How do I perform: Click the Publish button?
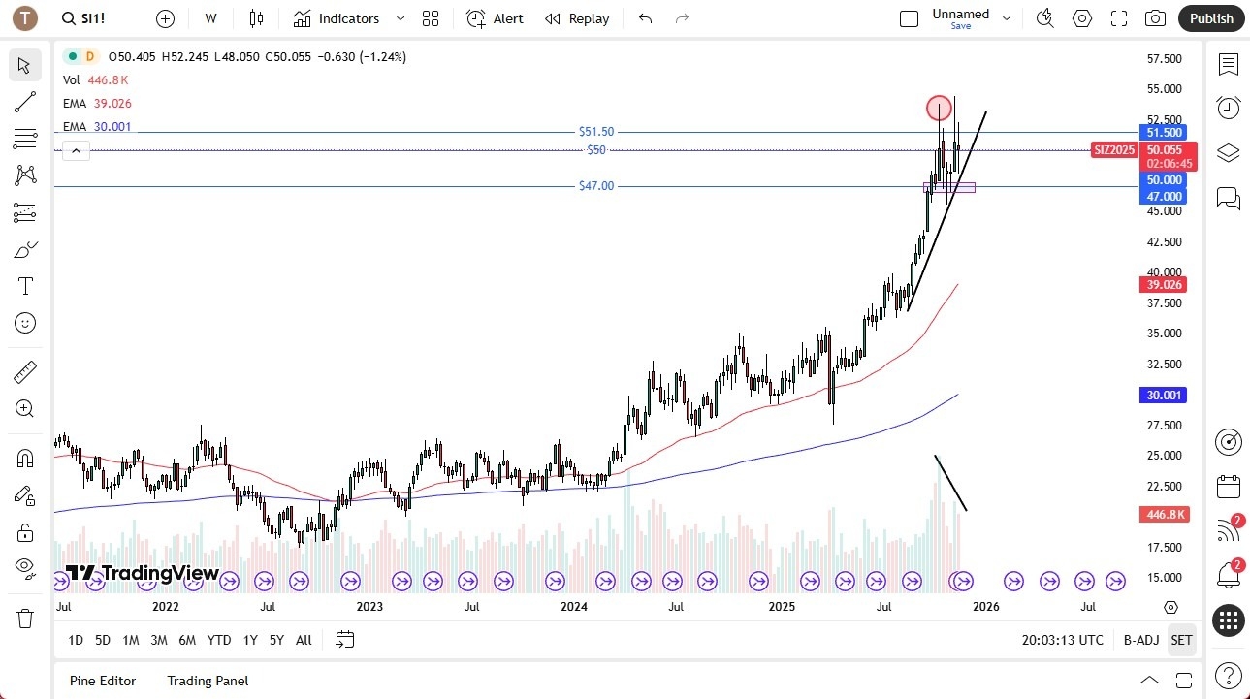pyautogui.click(x=1211, y=18)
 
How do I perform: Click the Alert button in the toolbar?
pyautogui.click(x=495, y=18)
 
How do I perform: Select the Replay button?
pyautogui.click(x=577, y=18)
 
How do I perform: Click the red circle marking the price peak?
pyautogui.click(x=939, y=108)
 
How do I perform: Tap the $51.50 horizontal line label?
pyautogui.click(x=595, y=132)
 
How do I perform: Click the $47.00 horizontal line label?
pyautogui.click(x=595, y=186)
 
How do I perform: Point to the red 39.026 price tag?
pyautogui.click(x=1164, y=284)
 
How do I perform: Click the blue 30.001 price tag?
pyautogui.click(x=1164, y=395)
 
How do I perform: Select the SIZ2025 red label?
pyautogui.click(x=1113, y=150)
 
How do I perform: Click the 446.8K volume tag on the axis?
pyautogui.click(x=1164, y=514)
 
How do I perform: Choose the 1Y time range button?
pyautogui.click(x=250, y=640)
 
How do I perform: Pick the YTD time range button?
pyautogui.click(x=219, y=640)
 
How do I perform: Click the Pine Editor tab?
pyautogui.click(x=103, y=681)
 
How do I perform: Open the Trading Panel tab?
pyautogui.click(x=208, y=681)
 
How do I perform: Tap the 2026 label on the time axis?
pyautogui.click(x=985, y=607)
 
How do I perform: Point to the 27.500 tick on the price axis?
pyautogui.click(x=1164, y=425)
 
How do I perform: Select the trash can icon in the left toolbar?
pyautogui.click(x=25, y=618)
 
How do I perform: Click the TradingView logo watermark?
pyautogui.click(x=143, y=573)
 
